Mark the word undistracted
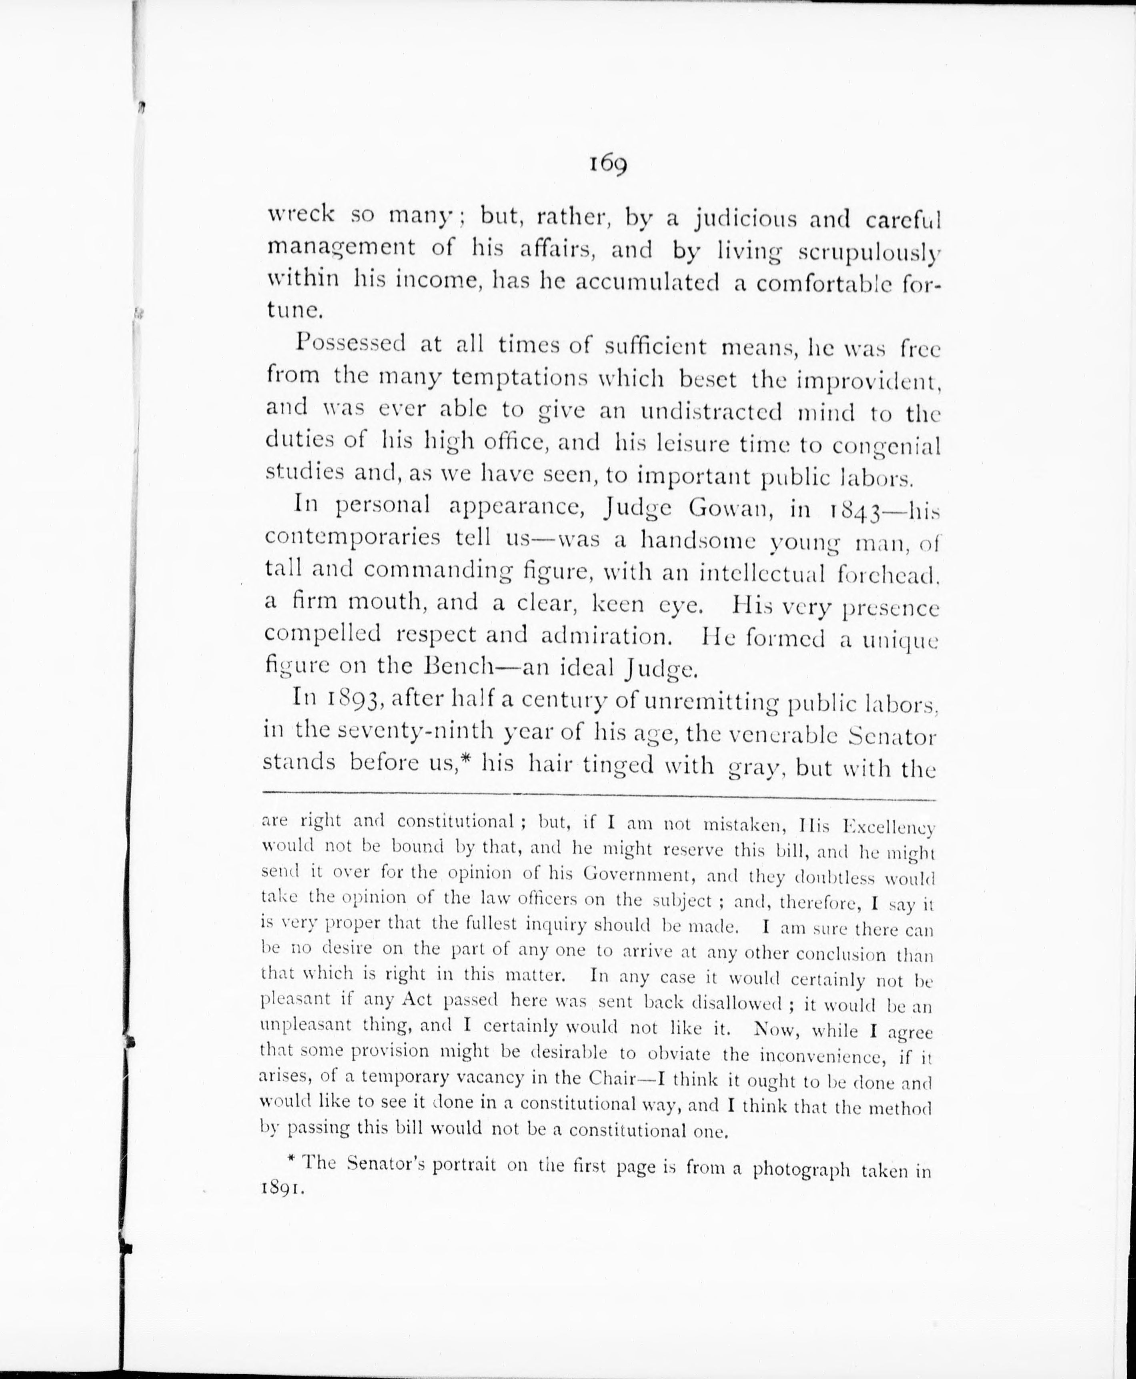click(x=711, y=412)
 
